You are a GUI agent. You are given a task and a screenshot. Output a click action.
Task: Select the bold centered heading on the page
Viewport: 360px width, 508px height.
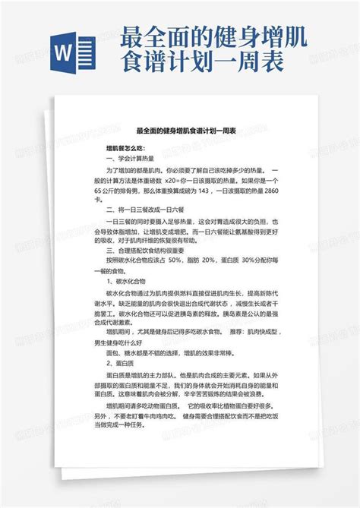[180, 131]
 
